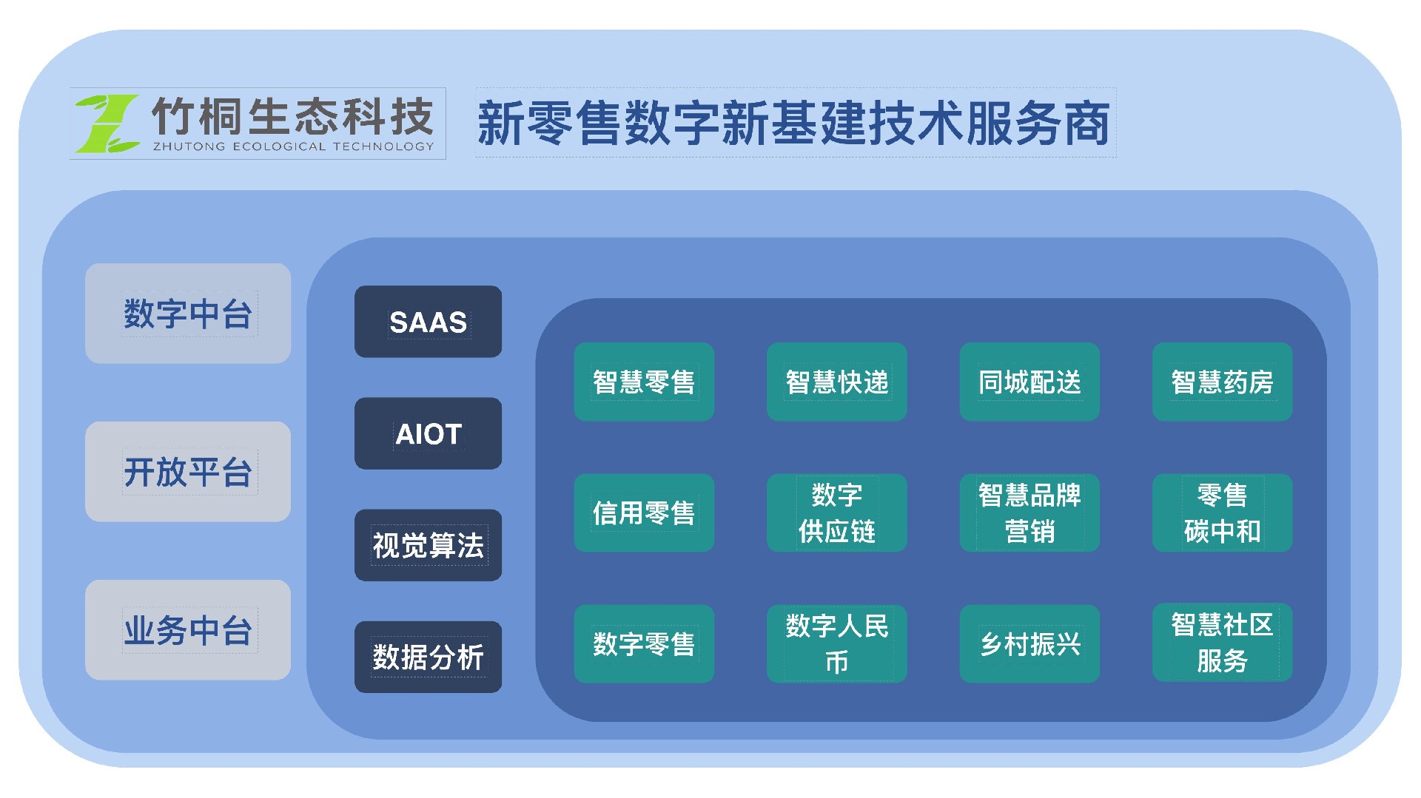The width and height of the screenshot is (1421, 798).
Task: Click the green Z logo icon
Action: point(107,123)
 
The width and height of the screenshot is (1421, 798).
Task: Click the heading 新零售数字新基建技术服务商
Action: point(794,123)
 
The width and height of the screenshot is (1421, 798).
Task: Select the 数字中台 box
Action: point(188,314)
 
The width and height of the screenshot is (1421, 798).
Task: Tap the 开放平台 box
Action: point(188,472)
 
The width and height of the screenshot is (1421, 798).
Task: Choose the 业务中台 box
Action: point(188,630)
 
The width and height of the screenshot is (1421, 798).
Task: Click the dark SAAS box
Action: point(428,322)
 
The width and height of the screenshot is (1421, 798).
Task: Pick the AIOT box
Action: point(428,433)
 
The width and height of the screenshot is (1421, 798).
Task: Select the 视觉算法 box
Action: point(428,545)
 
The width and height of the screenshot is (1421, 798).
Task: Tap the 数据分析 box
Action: point(428,657)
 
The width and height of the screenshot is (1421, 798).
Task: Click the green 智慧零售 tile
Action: point(644,382)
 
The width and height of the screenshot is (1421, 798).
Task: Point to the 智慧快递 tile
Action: point(837,382)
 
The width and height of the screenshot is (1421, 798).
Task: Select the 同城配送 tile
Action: point(1029,382)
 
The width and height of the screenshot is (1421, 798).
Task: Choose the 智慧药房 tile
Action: point(1223,382)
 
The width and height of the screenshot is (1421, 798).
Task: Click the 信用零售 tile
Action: point(644,513)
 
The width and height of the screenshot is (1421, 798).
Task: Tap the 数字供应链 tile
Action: point(837,513)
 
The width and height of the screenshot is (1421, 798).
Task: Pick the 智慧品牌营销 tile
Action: point(1029,513)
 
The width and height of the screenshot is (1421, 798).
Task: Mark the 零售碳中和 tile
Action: point(1223,513)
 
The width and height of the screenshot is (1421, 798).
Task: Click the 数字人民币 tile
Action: point(837,643)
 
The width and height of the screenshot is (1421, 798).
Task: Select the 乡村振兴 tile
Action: point(1029,643)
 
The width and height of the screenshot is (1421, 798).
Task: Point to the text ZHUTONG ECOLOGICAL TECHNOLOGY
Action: point(293,146)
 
